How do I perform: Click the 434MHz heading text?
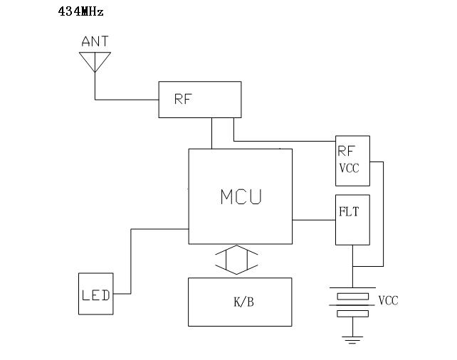pyautogui.click(x=80, y=12)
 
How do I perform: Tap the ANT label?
pyautogui.click(x=95, y=42)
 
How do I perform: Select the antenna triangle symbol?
pyautogui.click(x=95, y=61)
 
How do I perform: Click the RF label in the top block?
pyautogui.click(x=183, y=100)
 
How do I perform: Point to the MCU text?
pyautogui.click(x=240, y=196)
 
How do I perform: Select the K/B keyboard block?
pyautogui.click(x=240, y=302)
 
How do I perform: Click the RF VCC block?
pyautogui.click(x=352, y=160)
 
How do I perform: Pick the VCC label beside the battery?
pyautogui.click(x=388, y=301)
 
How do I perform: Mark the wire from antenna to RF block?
pyautogui.click(x=128, y=99)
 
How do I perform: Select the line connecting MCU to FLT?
pyautogui.click(x=313, y=220)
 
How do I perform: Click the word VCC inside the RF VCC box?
pyautogui.click(x=350, y=169)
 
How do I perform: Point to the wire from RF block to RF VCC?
pyautogui.click(x=285, y=140)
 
